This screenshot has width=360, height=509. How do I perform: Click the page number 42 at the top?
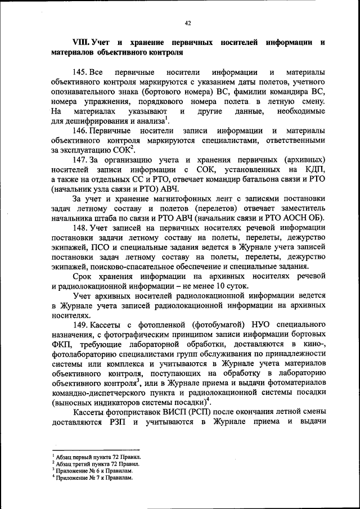(188, 23)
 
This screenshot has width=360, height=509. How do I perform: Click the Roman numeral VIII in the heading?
(81, 43)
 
